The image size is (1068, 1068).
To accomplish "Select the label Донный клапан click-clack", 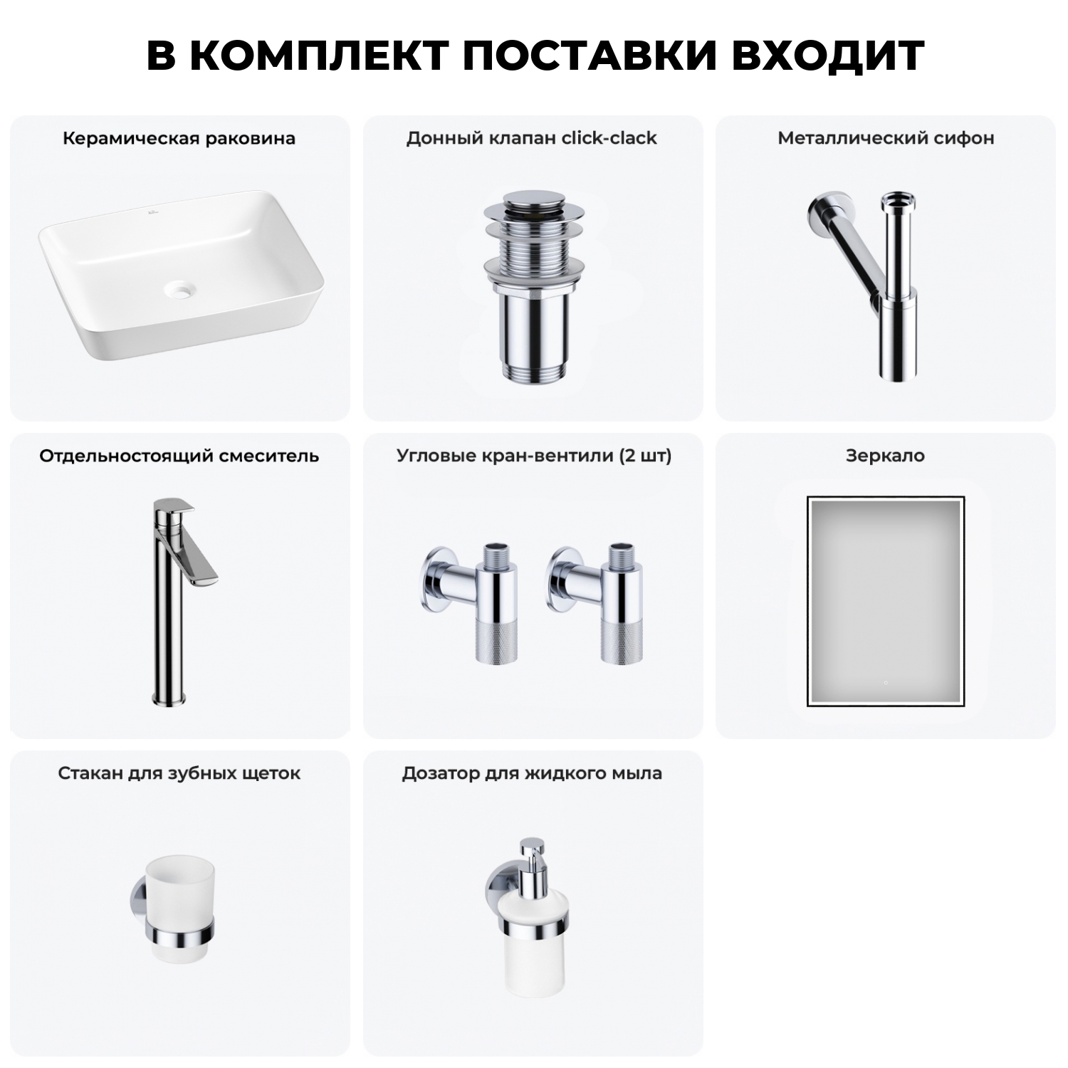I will (531, 138).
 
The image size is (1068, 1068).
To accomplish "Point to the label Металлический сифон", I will (885, 138).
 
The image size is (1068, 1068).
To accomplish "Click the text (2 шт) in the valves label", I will (645, 456).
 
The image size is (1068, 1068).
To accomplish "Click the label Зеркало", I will (885, 456).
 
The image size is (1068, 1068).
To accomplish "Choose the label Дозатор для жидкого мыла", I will (531, 773).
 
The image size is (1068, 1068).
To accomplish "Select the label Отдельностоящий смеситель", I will (179, 456).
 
